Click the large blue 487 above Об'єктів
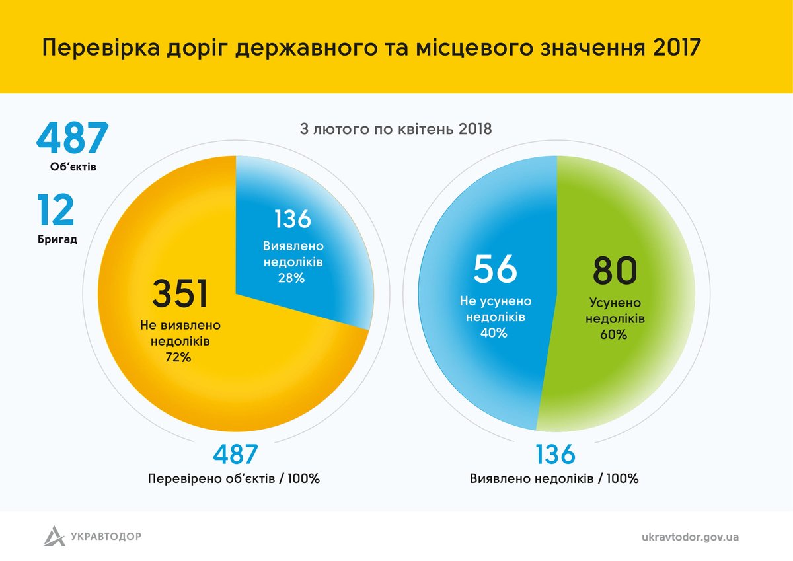click(72, 138)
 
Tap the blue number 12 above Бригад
click(56, 210)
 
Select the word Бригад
click(57, 239)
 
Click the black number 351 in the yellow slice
click(180, 295)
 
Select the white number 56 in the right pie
click(495, 270)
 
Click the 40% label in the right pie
click(494, 333)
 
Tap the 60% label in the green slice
click(614, 334)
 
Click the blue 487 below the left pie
click(235, 455)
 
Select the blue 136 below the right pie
click(555, 455)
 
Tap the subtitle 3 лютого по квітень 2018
click(396, 128)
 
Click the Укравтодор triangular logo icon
click(54, 535)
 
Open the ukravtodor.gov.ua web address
click(690, 536)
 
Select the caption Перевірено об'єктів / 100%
click(235, 478)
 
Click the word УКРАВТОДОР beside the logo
click(106, 536)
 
